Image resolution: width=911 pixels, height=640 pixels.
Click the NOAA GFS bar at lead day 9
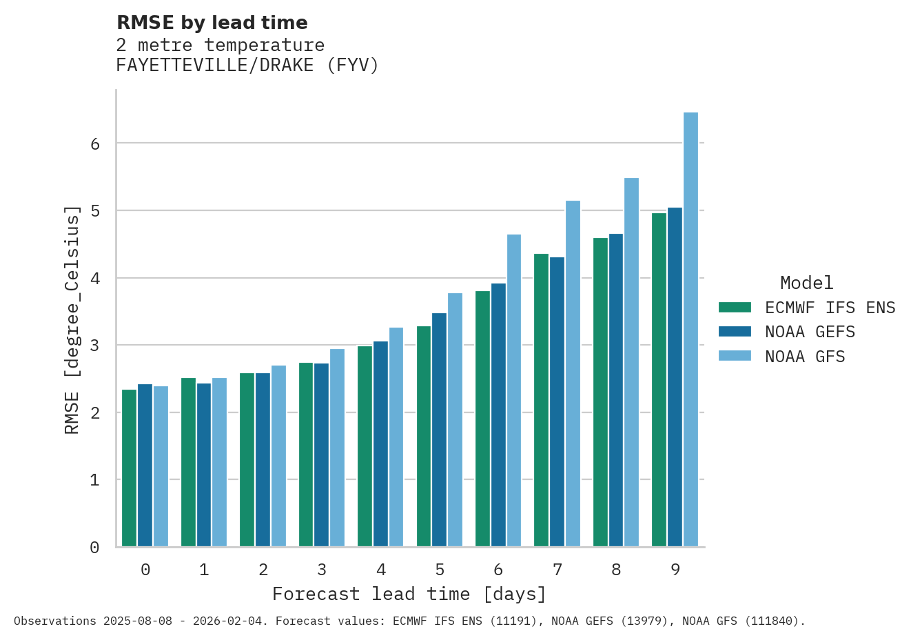[x=690, y=330]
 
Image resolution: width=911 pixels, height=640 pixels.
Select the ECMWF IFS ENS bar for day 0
[x=129, y=468]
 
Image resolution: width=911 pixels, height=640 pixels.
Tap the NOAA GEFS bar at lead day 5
[x=439, y=430]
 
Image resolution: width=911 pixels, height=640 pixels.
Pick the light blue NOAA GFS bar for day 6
[x=514, y=390]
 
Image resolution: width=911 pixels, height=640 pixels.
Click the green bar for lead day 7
[x=541, y=400]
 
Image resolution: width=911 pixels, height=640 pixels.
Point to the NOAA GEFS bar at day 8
[x=615, y=390]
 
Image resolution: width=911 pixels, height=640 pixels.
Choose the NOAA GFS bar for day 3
[x=337, y=448]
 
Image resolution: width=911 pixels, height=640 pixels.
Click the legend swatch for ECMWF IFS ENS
[x=734, y=308]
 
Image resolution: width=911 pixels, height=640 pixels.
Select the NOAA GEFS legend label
[x=810, y=332]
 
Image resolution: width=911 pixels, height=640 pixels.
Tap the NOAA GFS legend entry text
[x=804, y=357]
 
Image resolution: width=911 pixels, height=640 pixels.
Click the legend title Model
[x=806, y=283]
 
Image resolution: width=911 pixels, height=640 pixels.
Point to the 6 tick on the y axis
[x=95, y=143]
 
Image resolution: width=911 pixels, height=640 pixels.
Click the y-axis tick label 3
[x=95, y=346]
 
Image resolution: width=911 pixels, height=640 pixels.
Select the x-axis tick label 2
[x=263, y=570]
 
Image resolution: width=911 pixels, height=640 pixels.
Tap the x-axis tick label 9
[x=675, y=570]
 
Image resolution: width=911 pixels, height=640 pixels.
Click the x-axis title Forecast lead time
[x=409, y=594]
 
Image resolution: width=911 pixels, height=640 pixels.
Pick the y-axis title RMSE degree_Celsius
[x=72, y=320]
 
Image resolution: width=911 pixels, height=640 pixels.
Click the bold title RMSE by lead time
[x=212, y=23]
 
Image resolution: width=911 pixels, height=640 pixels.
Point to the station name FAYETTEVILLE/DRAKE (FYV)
[x=247, y=66]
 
